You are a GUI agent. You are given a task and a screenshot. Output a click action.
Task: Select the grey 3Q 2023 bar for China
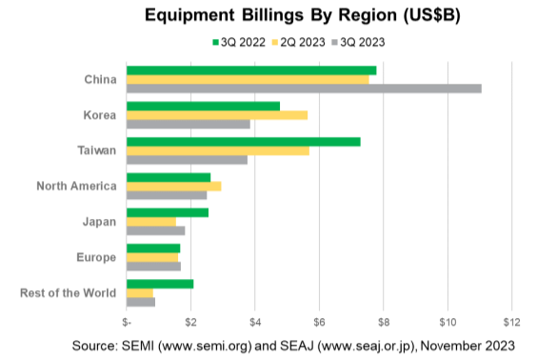click(x=304, y=89)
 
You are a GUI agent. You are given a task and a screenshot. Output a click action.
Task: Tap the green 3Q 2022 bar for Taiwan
click(x=243, y=141)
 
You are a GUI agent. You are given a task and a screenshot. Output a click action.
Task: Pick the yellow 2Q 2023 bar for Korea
click(x=217, y=115)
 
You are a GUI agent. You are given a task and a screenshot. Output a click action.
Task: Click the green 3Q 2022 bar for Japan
click(x=168, y=212)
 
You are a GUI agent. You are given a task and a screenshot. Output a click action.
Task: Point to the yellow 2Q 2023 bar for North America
click(x=173, y=186)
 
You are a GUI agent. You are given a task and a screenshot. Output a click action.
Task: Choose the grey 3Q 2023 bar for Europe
click(x=153, y=266)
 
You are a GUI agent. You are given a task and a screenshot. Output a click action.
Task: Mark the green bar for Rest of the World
click(x=160, y=284)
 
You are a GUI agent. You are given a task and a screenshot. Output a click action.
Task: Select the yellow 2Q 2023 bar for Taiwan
click(x=218, y=150)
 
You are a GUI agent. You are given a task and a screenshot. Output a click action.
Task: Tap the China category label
click(x=100, y=79)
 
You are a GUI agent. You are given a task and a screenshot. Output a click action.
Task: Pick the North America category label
click(x=76, y=186)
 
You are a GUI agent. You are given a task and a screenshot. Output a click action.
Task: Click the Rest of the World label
click(x=69, y=292)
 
